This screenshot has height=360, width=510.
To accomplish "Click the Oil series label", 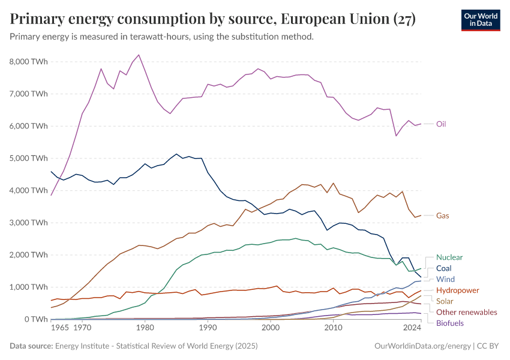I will pos(440,124).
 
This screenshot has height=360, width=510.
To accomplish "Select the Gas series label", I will pos(442,215).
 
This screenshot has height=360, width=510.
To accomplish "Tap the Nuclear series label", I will pos(449,257).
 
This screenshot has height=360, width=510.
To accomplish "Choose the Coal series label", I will pos(444,268).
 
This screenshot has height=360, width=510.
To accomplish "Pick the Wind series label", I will pos(445,279).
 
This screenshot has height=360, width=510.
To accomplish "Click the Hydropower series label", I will pos(457,290).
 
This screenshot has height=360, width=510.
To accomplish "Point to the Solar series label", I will pos(445,301).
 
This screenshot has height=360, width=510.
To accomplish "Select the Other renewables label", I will pos(466,312).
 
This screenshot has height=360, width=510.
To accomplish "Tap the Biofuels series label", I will pos(450,323).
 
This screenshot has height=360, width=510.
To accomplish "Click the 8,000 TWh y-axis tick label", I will pos(29,61).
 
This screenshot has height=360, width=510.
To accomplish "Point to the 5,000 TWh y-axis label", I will pos(29,158).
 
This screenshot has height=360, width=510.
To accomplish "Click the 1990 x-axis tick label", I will pos(208,328).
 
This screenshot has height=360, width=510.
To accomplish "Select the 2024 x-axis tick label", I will pos(412,328).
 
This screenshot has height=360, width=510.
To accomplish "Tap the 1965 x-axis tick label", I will pos(59,328).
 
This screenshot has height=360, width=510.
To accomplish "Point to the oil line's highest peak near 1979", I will pos(139,55).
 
